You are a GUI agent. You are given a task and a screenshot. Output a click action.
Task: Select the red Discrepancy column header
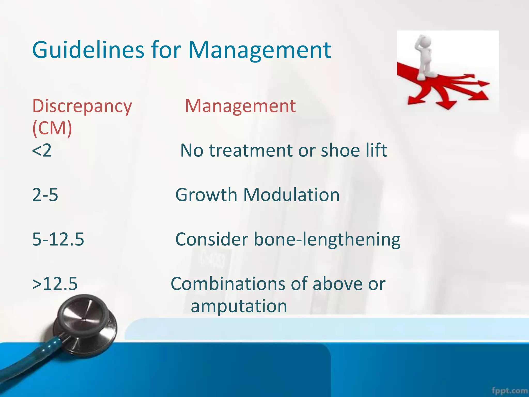82,106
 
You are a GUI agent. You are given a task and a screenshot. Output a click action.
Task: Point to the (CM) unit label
52,128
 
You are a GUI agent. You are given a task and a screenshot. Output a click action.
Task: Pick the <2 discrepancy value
42,150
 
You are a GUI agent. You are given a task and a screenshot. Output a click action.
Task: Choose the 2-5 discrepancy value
45,195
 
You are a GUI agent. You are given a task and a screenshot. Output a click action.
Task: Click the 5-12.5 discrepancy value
58,239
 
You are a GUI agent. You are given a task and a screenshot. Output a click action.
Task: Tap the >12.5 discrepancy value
55,284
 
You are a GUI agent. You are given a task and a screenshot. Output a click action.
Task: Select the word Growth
206,195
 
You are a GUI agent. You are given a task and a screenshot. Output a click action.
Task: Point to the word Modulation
291,195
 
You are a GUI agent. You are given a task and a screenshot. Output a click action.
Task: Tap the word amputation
239,306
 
